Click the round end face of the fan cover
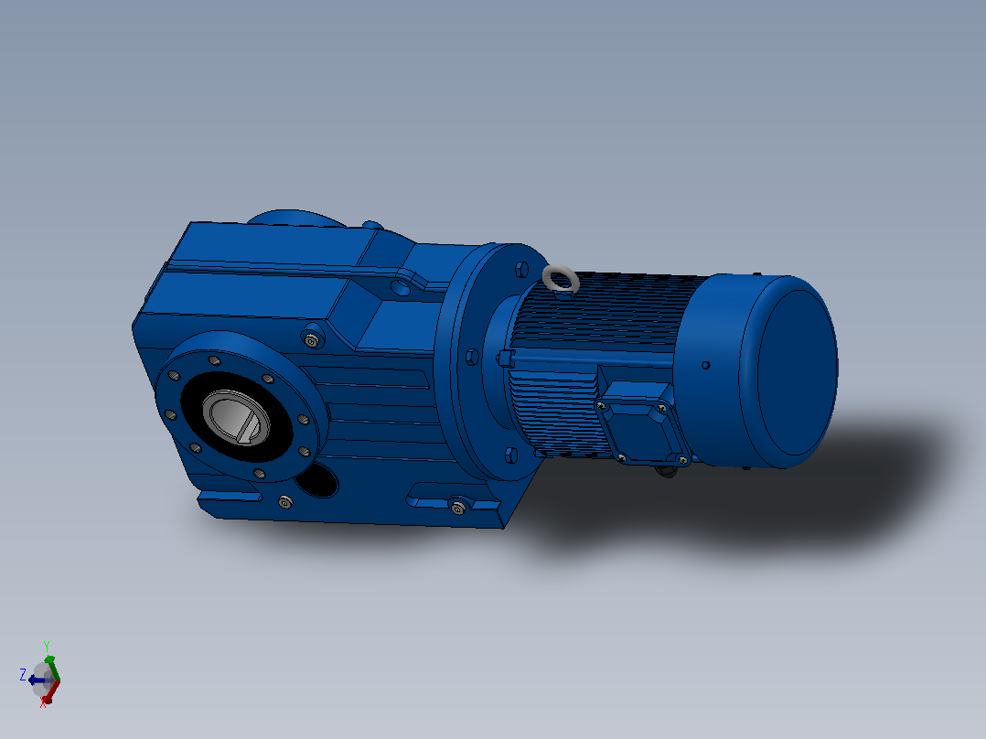click(797, 372)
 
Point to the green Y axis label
click(47, 647)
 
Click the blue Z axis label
click(23, 676)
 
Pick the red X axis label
click(43, 703)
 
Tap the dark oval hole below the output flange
click(316, 480)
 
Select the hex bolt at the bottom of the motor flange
click(511, 455)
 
